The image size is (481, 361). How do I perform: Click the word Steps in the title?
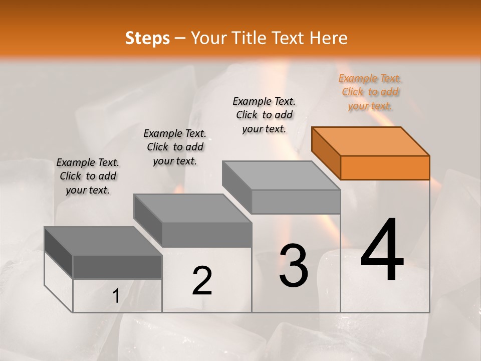point(147,38)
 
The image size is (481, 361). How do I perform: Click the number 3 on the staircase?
point(294,265)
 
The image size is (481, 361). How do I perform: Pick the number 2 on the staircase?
point(202,281)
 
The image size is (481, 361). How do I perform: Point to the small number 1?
point(116,296)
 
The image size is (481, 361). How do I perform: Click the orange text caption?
point(370,92)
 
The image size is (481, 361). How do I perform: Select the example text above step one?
point(88,176)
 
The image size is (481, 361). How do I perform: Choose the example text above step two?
point(175,147)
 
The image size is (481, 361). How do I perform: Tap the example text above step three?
point(264,115)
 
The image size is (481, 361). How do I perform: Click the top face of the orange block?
point(370,141)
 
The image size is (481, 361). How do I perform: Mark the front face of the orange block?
point(385,167)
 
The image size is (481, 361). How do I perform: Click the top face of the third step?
point(281,175)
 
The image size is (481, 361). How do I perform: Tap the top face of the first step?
point(103,241)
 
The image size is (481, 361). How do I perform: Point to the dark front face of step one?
point(117,267)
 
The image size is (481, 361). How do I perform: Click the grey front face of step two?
point(207,235)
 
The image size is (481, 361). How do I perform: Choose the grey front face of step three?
point(296,202)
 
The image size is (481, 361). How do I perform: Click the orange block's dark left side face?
point(326,153)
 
